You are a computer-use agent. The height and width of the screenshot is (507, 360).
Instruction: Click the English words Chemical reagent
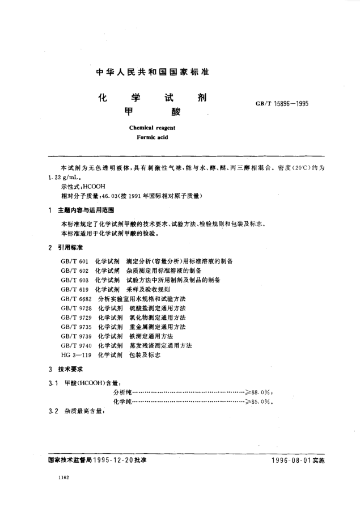point(151,128)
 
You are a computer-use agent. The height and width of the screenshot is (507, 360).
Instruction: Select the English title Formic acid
point(153,137)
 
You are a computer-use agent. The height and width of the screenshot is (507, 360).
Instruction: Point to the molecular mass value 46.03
point(104,195)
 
